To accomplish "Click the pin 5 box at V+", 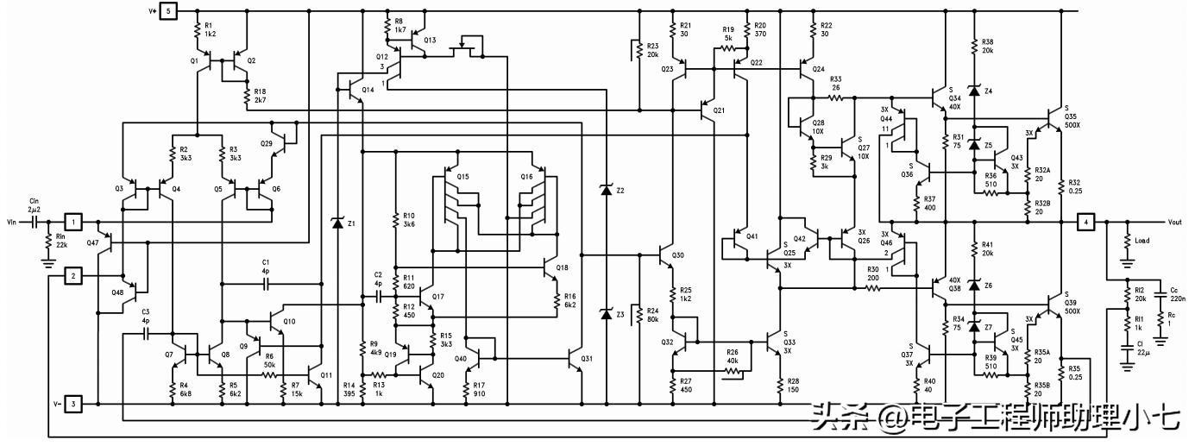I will [x=168, y=11].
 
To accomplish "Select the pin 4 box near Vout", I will [x=1086, y=223].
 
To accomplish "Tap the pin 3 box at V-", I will [x=75, y=404].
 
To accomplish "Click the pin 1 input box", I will [x=75, y=223].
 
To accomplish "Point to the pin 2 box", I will [x=75, y=276].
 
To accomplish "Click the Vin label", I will [x=11, y=223].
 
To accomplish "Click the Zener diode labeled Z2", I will [x=607, y=190].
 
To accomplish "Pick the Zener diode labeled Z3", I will [x=607, y=315].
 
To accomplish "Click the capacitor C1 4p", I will [x=266, y=283].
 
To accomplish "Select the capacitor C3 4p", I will [x=146, y=331].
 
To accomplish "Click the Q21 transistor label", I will [x=719, y=110].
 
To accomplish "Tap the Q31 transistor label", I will [x=588, y=359].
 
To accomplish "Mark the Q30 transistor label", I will [x=678, y=255].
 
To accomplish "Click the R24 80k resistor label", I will [x=652, y=315].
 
